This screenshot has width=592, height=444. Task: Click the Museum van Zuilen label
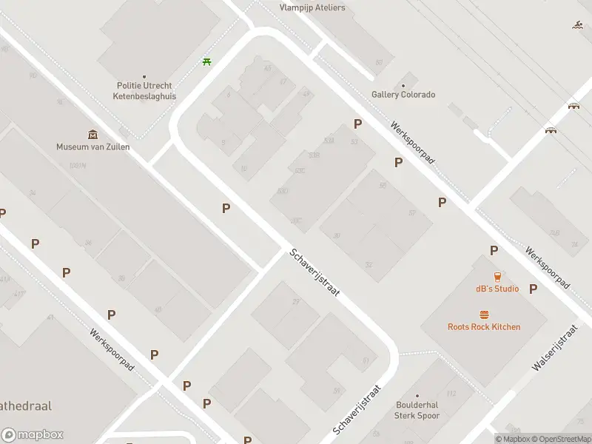point(93,147)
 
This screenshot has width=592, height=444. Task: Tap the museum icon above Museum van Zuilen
point(93,134)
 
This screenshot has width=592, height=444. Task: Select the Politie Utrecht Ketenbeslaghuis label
point(144,90)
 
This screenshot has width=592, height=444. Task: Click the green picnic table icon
point(206,61)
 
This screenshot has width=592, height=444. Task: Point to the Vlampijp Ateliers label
point(312,8)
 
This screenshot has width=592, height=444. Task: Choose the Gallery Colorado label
point(403,95)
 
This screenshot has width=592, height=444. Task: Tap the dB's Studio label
point(497,289)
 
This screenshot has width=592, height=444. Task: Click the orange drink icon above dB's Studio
point(497,276)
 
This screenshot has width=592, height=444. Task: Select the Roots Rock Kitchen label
point(484,326)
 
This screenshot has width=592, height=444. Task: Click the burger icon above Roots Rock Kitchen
point(484,314)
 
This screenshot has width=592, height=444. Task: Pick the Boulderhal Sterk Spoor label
point(417,411)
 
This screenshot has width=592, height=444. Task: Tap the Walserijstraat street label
point(554,348)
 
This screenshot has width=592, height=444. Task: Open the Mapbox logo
point(32,435)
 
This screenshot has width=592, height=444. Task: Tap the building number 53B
point(314,155)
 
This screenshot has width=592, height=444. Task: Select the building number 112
point(451,394)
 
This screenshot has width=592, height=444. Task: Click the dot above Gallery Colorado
point(404,83)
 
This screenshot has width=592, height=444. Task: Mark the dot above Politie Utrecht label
point(144,75)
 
